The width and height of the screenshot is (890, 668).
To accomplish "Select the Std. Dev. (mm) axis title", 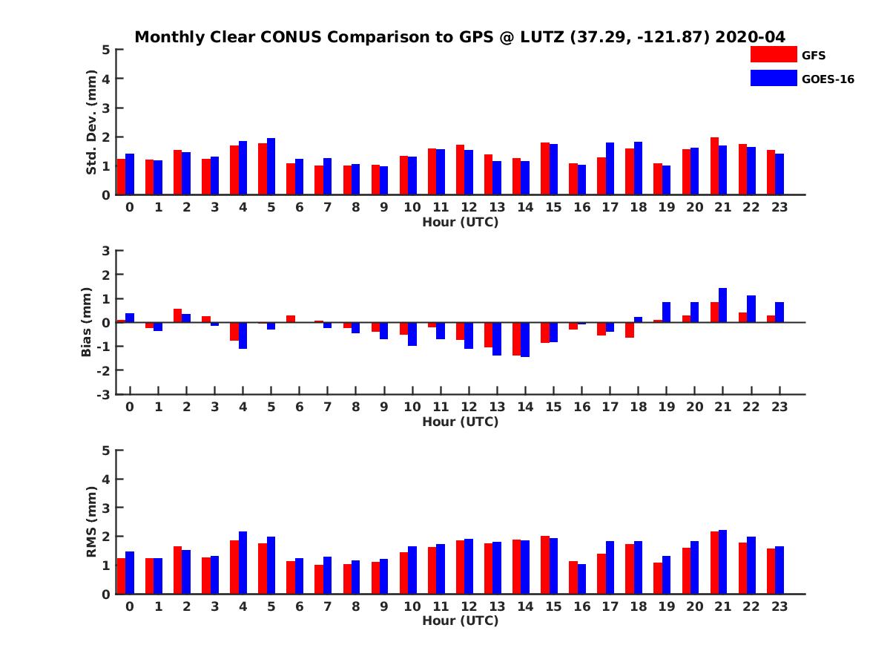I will [92, 122].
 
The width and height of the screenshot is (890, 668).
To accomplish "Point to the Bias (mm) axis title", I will [87, 322].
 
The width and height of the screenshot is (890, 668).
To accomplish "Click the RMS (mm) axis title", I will [92, 522].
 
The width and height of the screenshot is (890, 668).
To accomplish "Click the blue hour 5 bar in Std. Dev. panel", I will [271, 166].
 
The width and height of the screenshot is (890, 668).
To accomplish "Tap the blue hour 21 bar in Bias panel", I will [723, 305].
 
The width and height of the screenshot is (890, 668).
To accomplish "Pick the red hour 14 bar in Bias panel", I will [517, 338].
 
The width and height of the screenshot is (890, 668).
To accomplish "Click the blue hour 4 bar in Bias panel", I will [243, 335].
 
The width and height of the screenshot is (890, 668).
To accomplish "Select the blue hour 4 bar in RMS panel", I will [243, 563].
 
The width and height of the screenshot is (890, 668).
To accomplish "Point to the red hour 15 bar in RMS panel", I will [545, 565].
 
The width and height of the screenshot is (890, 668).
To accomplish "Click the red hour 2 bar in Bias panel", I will [178, 315].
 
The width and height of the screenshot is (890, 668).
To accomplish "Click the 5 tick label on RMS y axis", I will [106, 451].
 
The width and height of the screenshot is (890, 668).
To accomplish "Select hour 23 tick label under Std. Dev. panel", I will [779, 208].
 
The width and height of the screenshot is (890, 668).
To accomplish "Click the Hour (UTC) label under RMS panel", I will [460, 620].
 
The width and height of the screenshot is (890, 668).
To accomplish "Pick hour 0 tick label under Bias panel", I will [130, 407].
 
